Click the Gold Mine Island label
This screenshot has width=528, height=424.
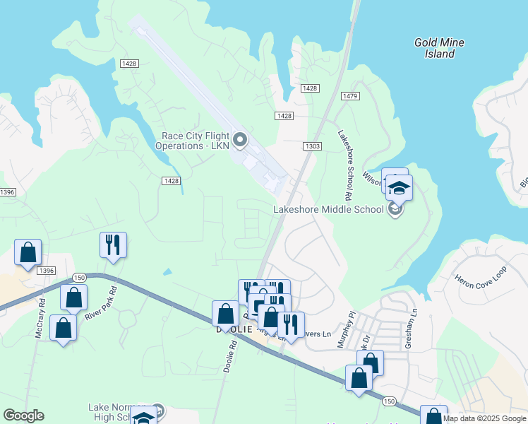click(438, 48)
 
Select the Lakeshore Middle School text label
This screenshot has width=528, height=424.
click(328, 209)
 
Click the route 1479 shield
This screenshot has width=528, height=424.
click(350, 95)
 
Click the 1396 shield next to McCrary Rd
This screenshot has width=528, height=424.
click(47, 271)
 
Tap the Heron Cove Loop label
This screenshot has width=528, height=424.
click(481, 272)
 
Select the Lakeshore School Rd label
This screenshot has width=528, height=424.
click(344, 164)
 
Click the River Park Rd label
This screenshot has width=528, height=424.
click(99, 305)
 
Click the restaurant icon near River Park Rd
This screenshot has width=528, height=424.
click(113, 245)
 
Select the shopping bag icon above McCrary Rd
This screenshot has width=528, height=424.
click(28, 252)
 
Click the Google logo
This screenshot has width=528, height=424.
click(23, 416)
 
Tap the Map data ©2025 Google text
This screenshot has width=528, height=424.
click(485, 418)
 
